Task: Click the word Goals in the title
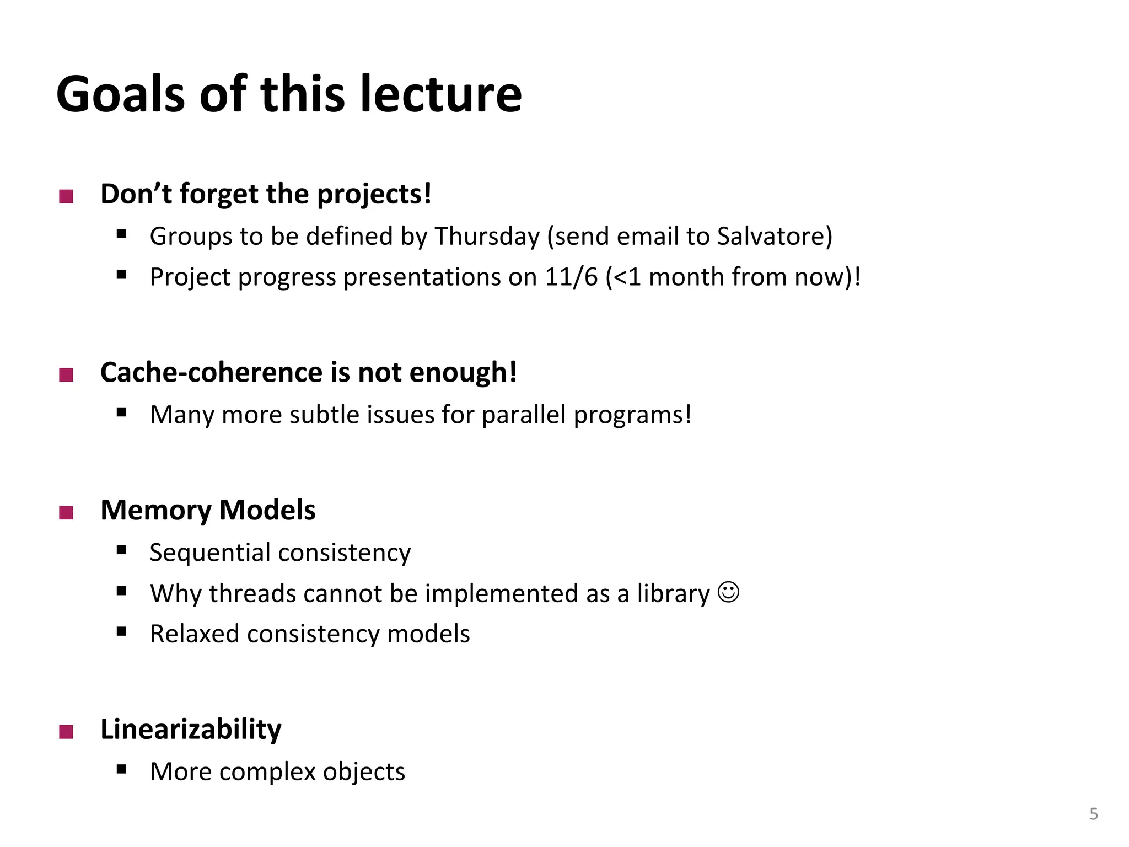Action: point(121,94)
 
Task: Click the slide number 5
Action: point(1094,814)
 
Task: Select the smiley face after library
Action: point(728,592)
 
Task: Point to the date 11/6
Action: point(571,277)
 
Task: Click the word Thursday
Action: point(487,237)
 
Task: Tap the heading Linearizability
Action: point(191,730)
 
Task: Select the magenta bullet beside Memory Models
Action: point(66,513)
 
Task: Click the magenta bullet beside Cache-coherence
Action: point(66,376)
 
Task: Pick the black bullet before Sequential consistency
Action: point(122,550)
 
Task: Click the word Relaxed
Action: point(195,634)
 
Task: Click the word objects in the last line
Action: point(364,771)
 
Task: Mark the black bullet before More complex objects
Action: point(122,769)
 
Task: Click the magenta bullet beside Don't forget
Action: point(66,196)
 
